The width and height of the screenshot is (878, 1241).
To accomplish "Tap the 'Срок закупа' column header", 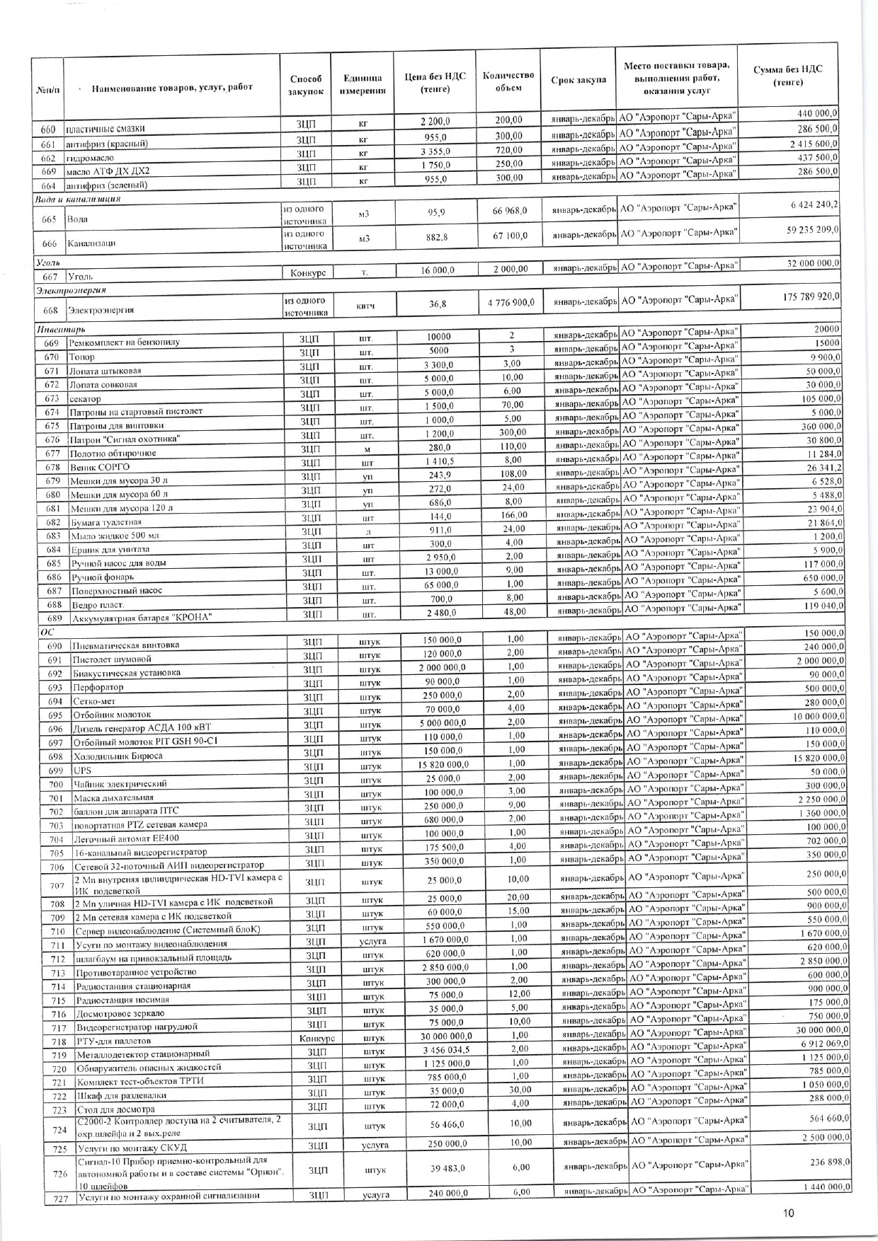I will [x=578, y=80].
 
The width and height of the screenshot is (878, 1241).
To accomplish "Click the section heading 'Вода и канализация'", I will [x=78, y=199].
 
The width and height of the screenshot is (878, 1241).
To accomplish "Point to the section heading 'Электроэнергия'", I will [x=71, y=290].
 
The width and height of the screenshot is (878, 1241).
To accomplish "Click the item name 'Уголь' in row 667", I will [x=80, y=277].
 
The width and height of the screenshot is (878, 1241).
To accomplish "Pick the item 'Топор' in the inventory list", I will [x=82, y=357].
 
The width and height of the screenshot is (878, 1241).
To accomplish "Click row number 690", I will [x=55, y=646].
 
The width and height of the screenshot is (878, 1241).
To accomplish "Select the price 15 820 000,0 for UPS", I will [x=440, y=764].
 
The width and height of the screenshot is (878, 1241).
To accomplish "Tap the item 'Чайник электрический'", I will [x=120, y=784].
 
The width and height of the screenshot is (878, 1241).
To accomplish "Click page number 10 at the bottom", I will [x=788, y=1213].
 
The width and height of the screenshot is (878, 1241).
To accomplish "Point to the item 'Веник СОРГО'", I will [x=100, y=468].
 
